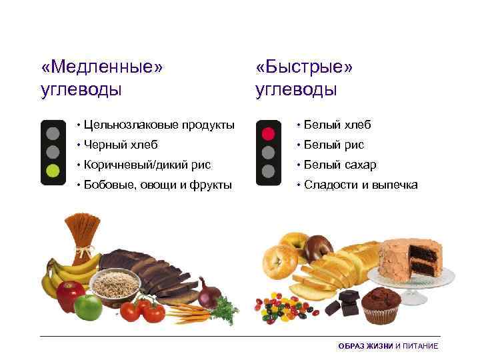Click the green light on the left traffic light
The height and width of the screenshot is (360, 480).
52,169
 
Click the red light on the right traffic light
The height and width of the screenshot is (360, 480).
268,133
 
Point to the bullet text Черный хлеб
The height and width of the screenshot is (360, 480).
121,145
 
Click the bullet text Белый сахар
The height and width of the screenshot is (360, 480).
340,165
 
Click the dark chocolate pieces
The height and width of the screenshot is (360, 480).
347,303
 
